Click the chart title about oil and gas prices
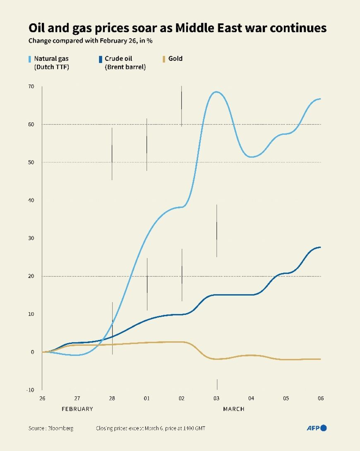click(177, 28)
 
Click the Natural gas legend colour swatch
click(30, 59)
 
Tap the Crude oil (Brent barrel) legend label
click(125, 63)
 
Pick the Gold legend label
click(175, 58)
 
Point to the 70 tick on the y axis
click(31, 87)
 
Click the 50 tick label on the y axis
click(31, 162)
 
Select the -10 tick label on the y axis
click(30, 390)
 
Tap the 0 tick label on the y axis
click(32, 352)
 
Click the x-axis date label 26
click(42, 398)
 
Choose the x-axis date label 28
click(112, 398)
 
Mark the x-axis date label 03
click(216, 398)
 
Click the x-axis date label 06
click(321, 398)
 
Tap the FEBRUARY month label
click(77, 409)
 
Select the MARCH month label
click(234, 409)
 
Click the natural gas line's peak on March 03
click(216, 92)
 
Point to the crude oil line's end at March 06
click(320, 247)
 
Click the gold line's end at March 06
click(320, 359)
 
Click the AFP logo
click(317, 428)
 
